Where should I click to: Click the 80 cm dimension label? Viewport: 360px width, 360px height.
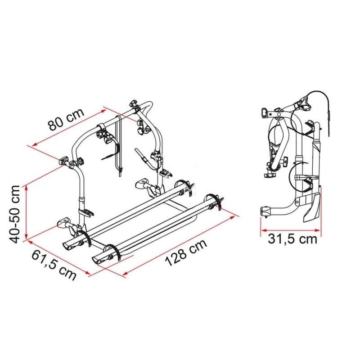point(66,119)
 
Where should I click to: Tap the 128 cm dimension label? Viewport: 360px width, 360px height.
point(186,253)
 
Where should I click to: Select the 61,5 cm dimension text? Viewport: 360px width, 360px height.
point(54,265)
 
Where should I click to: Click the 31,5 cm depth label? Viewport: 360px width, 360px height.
point(292,239)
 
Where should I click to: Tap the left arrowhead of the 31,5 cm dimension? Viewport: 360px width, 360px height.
point(264,229)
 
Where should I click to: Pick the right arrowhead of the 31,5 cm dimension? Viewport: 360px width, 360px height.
point(318,229)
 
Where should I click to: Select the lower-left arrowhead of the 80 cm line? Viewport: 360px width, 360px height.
point(35,144)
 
